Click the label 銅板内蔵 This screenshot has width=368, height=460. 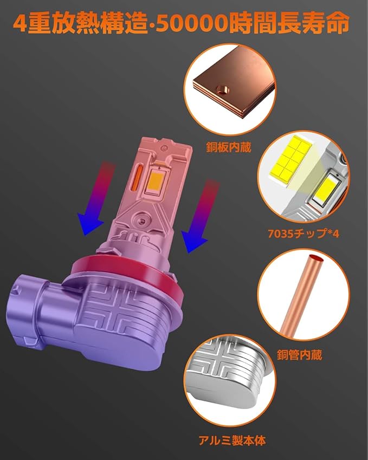tap(229, 147)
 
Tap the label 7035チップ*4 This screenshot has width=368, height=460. tap(304, 234)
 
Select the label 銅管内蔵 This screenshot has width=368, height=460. tap(300, 355)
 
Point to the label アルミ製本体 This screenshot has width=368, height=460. tap(232, 440)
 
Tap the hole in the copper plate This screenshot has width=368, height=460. tap(222, 89)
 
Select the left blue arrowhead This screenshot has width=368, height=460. tap(89, 224)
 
